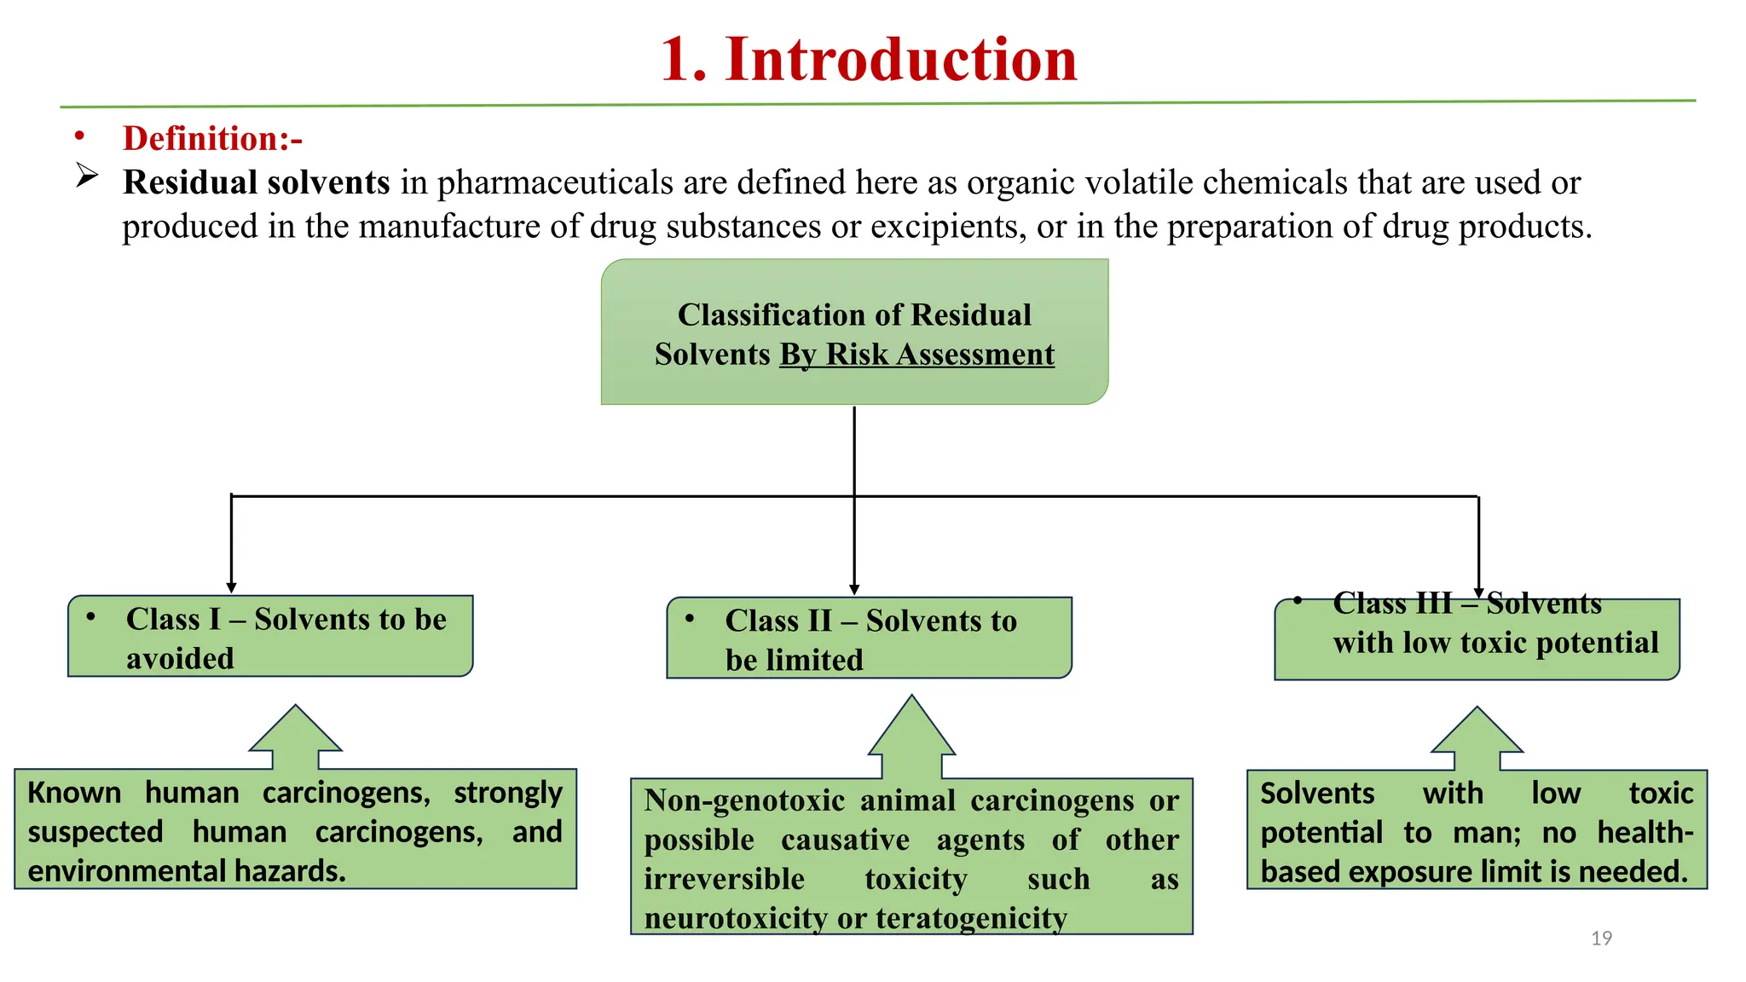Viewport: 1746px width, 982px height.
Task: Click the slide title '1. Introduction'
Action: (869, 60)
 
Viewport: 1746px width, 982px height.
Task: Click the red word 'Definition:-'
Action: (212, 138)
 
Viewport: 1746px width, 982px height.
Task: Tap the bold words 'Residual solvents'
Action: (256, 182)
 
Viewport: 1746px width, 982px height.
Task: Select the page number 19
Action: (1601, 938)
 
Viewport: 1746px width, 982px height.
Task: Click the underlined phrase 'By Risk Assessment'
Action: (917, 354)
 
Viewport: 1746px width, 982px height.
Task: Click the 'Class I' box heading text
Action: (286, 620)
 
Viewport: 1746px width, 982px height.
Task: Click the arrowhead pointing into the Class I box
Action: (231, 587)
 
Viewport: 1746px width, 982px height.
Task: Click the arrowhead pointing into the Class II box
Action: (854, 589)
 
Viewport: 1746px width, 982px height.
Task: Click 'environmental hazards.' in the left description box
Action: (187, 870)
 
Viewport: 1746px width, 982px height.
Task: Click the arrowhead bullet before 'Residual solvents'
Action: (86, 176)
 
